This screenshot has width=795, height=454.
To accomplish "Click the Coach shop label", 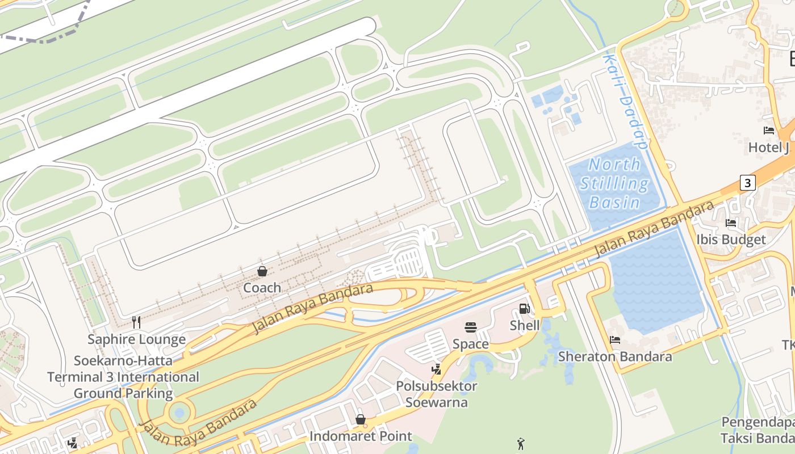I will click(x=262, y=288).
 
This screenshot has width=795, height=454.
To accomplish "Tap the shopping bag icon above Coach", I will click(x=262, y=271).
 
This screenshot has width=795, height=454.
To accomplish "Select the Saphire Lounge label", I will click(x=136, y=339).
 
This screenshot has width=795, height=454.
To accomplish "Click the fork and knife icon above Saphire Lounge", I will click(x=136, y=322).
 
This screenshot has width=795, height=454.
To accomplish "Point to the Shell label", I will click(x=525, y=325).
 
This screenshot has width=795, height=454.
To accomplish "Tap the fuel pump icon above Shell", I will click(x=524, y=309).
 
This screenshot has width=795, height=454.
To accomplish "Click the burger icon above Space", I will click(x=470, y=327).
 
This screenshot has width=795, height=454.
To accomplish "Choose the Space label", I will click(x=470, y=344).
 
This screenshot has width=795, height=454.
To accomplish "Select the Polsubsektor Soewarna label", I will click(x=437, y=394).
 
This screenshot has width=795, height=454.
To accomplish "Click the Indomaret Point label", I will click(x=361, y=436).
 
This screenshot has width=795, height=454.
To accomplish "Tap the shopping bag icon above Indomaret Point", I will click(x=360, y=420).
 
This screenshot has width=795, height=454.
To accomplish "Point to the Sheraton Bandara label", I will click(x=615, y=356).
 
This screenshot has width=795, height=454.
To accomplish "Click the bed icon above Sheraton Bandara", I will click(x=614, y=340).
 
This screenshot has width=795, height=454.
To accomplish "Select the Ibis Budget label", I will click(x=731, y=239).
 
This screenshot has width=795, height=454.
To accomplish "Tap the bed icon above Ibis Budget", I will click(x=731, y=223).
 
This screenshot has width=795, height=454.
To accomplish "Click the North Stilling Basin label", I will click(x=615, y=183).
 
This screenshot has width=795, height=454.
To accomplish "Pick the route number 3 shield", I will click(x=748, y=183).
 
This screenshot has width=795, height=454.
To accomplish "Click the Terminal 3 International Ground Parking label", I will click(x=123, y=377).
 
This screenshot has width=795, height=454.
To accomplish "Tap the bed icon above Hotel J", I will click(x=769, y=131).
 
